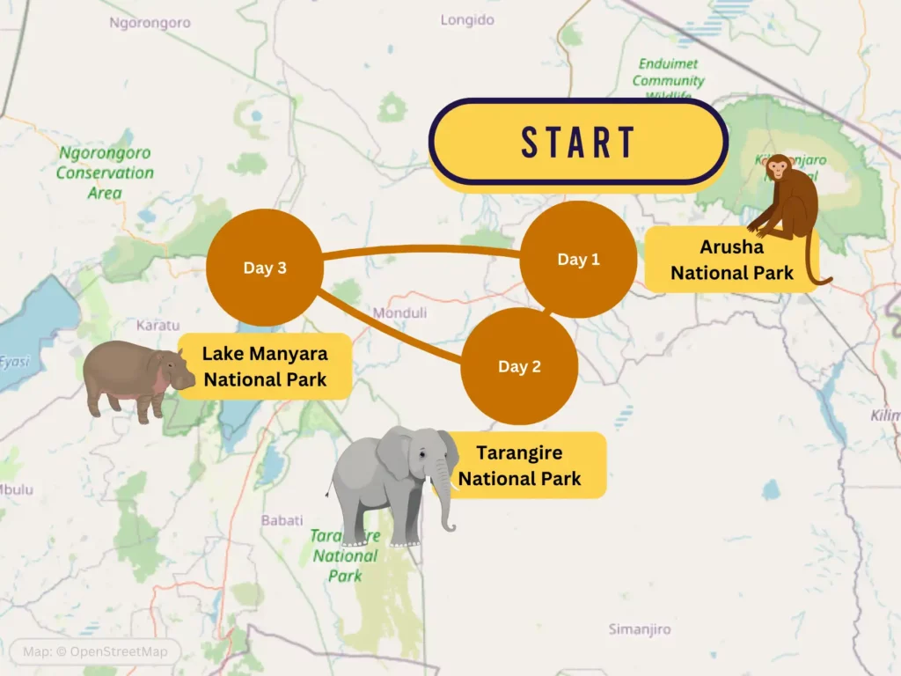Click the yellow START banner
tap(578, 142)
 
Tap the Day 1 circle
tap(578, 260)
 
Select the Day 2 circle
tap(519, 366)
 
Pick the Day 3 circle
tap(264, 268)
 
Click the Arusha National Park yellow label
tap(731, 260)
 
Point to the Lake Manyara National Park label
tap(265, 366)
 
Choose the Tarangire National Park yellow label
tap(519, 466)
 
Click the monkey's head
tap(778, 168)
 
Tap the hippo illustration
tap(136, 378)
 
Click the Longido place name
tap(467, 19)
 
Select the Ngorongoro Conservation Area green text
tap(105, 173)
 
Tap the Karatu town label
tap(158, 325)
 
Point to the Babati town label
tap(282, 520)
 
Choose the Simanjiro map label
tap(640, 629)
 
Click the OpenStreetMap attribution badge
tap(95, 652)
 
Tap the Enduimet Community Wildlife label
tap(669, 79)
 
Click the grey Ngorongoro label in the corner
tap(150, 23)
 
